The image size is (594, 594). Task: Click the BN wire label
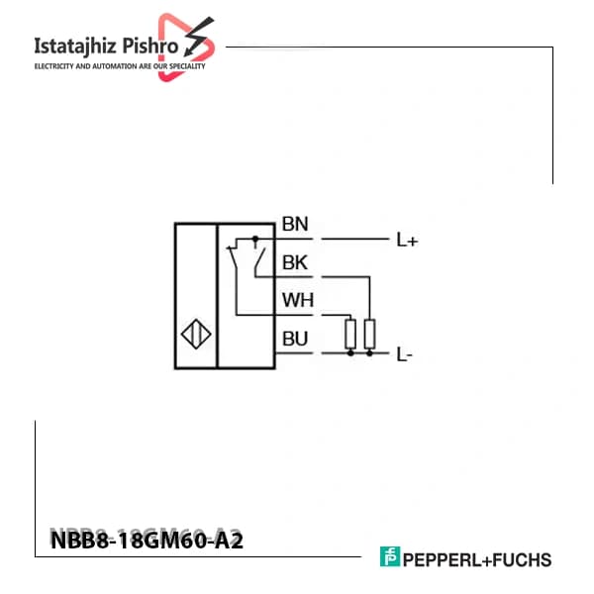coord(295,224)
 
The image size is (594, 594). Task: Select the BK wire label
coord(295,262)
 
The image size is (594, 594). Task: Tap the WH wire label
coord(298,300)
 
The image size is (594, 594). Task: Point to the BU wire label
coord(295,339)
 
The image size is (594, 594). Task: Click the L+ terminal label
coord(407,240)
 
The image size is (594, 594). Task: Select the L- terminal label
coord(404,354)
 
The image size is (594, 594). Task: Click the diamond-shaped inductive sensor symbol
coord(196,334)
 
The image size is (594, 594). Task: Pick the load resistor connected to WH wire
coord(350,334)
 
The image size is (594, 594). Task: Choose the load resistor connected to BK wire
coord(369,334)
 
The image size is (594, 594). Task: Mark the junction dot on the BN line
coord(255,239)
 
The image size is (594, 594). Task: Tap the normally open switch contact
coord(259,261)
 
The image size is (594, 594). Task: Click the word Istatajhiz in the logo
coord(75,47)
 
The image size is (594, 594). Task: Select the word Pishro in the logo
coord(150,46)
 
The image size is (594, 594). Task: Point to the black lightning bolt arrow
coord(199,36)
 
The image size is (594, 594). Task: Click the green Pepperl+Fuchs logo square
coord(390,556)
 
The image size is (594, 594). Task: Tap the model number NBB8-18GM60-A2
coord(147,541)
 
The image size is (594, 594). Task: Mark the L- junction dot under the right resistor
coord(369,353)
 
